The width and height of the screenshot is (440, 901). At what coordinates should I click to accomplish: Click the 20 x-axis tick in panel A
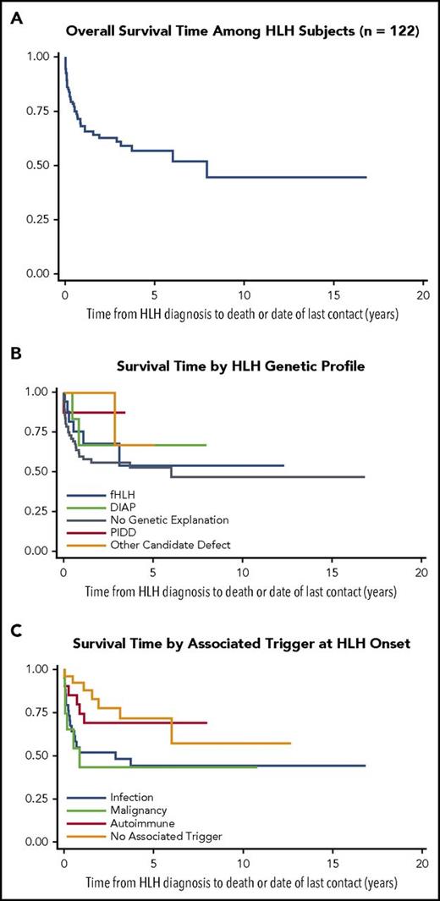[x=422, y=296]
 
